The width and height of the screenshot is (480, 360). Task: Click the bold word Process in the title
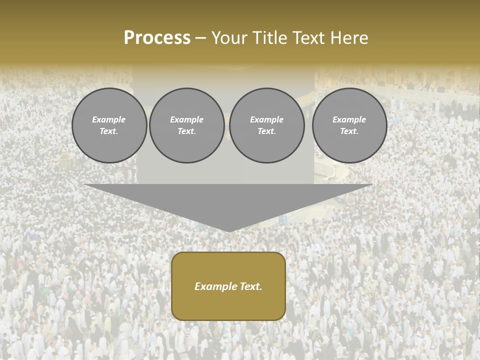(157, 38)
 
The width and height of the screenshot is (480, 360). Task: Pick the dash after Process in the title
(200, 38)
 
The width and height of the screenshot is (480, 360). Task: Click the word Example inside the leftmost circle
(109, 119)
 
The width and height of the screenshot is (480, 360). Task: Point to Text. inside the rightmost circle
(349, 131)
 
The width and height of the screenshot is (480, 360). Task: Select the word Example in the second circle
(187, 119)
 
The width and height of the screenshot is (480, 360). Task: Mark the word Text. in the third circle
(266, 131)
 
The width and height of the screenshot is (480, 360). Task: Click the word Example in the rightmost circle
(349, 119)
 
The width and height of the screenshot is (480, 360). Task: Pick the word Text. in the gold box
(250, 286)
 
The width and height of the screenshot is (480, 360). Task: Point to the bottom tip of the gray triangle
(228, 231)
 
